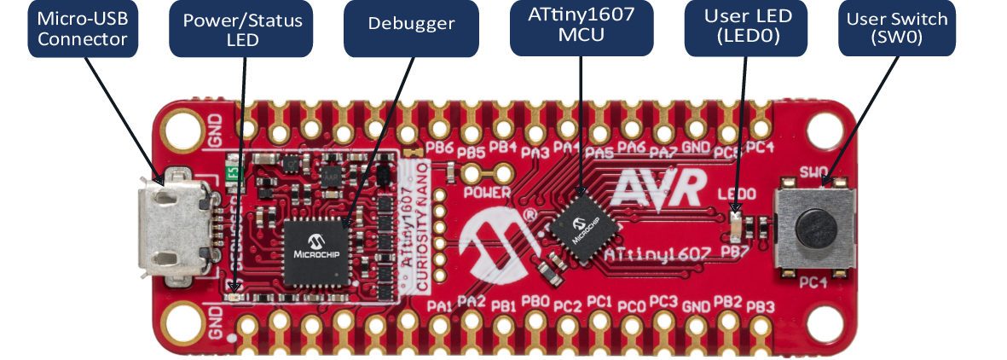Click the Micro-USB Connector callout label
(83, 28)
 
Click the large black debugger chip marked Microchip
(315, 253)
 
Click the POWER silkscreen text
(488, 193)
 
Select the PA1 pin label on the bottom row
(439, 305)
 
